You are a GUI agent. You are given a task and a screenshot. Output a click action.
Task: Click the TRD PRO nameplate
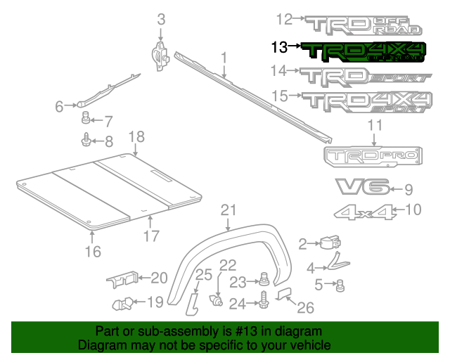point(373,157)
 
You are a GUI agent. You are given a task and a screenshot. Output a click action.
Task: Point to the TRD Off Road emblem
point(366,25)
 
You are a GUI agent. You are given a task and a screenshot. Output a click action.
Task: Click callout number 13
point(278,47)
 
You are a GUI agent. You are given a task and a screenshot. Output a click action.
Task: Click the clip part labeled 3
point(160,55)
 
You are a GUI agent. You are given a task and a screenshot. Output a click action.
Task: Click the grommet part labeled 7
point(86,117)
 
